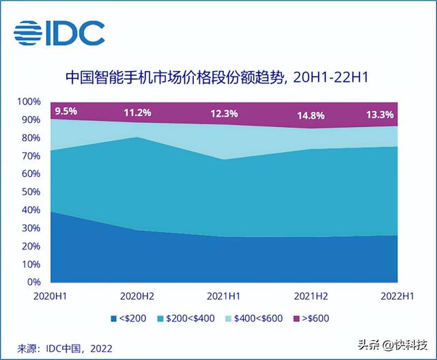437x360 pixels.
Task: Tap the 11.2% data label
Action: point(137,113)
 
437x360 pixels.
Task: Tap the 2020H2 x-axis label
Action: point(137,295)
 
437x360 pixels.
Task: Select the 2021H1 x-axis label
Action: point(223,295)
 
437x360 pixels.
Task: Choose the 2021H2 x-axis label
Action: point(309,295)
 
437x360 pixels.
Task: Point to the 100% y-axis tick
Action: point(29,102)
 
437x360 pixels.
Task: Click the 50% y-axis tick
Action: point(31,192)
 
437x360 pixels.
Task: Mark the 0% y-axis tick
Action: point(34,281)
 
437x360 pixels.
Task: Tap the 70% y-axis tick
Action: point(31,156)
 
